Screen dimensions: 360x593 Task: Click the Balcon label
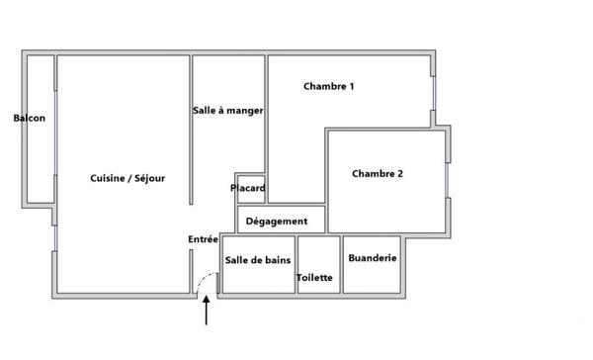(x=29, y=119)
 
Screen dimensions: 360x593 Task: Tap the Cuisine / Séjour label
(x=127, y=178)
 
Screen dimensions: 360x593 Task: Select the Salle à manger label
(x=228, y=111)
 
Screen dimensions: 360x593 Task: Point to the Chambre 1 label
(x=329, y=87)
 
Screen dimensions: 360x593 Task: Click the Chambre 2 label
(x=378, y=174)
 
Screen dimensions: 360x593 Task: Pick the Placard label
(x=248, y=188)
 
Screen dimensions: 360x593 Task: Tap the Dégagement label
(x=284, y=222)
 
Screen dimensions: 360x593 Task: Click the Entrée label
(x=203, y=239)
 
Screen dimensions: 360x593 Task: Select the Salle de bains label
(x=257, y=260)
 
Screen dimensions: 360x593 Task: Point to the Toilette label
(x=315, y=278)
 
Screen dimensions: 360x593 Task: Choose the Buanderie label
(x=373, y=257)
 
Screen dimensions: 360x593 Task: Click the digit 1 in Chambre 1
(x=352, y=87)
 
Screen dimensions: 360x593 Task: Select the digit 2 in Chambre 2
(x=399, y=174)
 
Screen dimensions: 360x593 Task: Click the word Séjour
(x=148, y=178)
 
